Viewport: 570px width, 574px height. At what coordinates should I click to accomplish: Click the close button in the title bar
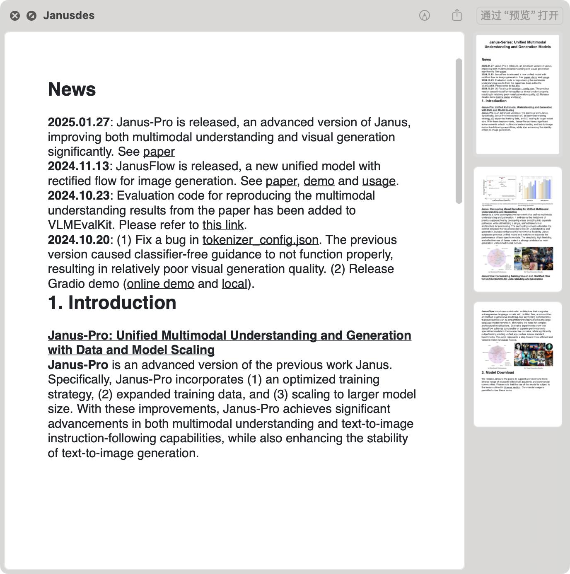(15, 16)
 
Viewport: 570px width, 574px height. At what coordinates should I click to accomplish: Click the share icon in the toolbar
(457, 15)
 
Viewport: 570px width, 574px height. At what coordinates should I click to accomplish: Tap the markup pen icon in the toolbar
(425, 15)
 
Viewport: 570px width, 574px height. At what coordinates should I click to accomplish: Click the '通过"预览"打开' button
(519, 16)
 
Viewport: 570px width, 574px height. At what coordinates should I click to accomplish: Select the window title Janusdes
(69, 15)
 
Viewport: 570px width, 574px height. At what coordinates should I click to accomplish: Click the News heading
(72, 89)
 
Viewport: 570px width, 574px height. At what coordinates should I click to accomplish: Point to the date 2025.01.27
(79, 123)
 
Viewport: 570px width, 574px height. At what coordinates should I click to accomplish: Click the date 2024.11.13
(78, 166)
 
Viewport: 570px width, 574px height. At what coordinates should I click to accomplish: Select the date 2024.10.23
(79, 196)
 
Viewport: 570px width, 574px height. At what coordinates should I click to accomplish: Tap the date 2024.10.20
(79, 240)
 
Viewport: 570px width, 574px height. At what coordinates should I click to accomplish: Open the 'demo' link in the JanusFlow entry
(319, 181)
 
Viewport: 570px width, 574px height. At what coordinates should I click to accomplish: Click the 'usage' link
(379, 181)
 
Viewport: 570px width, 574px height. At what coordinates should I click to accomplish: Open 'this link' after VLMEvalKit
(223, 225)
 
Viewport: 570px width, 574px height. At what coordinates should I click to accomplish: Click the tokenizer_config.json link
(260, 240)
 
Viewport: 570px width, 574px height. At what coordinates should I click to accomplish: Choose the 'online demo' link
(161, 284)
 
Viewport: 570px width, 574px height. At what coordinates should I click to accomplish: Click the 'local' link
(234, 284)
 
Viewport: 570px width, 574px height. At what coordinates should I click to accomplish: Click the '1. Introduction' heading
(112, 303)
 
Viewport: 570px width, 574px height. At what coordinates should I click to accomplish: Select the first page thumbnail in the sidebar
(517, 94)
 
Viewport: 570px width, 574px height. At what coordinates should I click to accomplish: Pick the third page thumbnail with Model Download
(517, 364)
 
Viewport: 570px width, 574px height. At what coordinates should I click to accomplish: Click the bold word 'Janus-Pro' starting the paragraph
(78, 365)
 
